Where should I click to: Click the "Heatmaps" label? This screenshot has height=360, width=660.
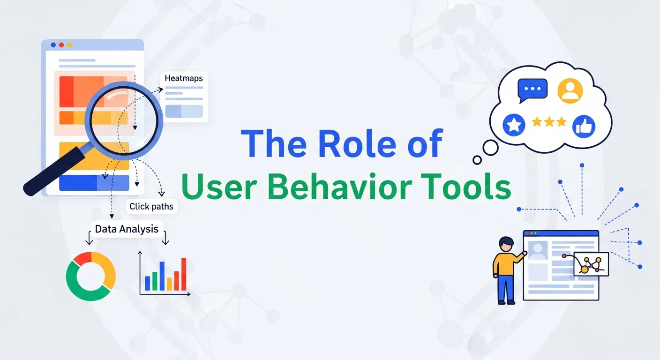pyautogui.click(x=184, y=78)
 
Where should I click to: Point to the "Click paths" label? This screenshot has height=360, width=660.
pyautogui.click(x=151, y=207)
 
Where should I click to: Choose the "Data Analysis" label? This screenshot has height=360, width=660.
pyautogui.click(x=127, y=229)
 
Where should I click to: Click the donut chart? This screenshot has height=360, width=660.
pyautogui.click(x=91, y=276)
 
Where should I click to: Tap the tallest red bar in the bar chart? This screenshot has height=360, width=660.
pyautogui.click(x=184, y=274)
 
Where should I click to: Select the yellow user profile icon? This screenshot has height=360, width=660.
pyautogui.click(x=570, y=90)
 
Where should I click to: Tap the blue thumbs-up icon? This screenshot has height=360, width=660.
pyautogui.click(x=584, y=127)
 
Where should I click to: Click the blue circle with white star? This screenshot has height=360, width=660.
pyautogui.click(x=514, y=125)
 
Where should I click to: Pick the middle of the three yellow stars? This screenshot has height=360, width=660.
pyautogui.click(x=549, y=122)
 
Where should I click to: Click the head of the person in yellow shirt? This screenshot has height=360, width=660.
pyautogui.click(x=506, y=244)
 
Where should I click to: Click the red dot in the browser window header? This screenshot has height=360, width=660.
pyautogui.click(x=61, y=45)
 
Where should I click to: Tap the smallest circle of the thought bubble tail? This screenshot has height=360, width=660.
pyautogui.click(x=477, y=160)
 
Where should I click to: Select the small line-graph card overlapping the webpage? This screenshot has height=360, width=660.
pyautogui.click(x=591, y=264)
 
